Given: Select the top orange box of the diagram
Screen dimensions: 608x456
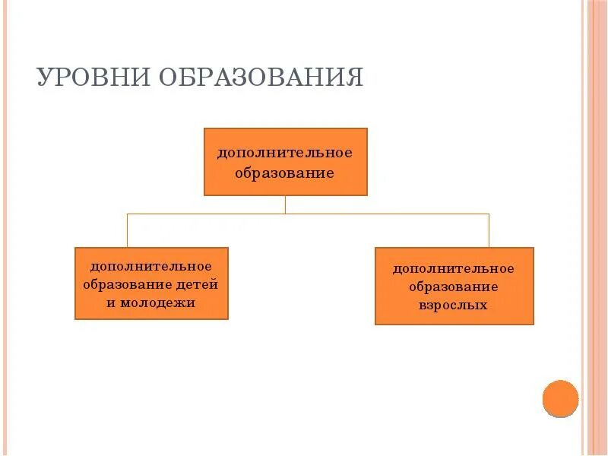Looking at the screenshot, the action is pyautogui.click(x=285, y=162).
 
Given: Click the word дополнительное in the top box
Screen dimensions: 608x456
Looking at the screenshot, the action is pyautogui.click(x=285, y=153).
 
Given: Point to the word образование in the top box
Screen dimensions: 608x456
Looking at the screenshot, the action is pyautogui.click(x=285, y=173).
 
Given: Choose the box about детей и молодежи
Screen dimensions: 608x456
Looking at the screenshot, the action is pyautogui.click(x=151, y=283).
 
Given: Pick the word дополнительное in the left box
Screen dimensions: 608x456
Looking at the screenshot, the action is pyautogui.click(x=151, y=266).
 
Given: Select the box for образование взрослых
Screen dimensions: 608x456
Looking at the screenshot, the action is pyautogui.click(x=454, y=286).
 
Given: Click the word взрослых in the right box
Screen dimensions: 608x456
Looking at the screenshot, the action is pyautogui.click(x=453, y=305).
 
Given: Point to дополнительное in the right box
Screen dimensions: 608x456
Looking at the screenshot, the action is pyautogui.click(x=454, y=268).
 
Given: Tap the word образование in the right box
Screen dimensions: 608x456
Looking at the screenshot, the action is pyautogui.click(x=454, y=287).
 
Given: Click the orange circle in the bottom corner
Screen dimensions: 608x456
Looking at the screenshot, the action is pyautogui.click(x=561, y=398).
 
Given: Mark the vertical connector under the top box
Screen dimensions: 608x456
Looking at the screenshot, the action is pyautogui.click(x=285, y=204).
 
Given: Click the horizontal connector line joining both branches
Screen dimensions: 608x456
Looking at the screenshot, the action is pyautogui.click(x=380, y=214).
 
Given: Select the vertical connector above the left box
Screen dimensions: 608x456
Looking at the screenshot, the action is pyautogui.click(x=127, y=230).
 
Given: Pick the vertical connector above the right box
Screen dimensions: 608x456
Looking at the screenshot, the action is pyautogui.click(x=489, y=230).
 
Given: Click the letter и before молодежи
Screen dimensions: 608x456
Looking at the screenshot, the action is pyautogui.click(x=111, y=302).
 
